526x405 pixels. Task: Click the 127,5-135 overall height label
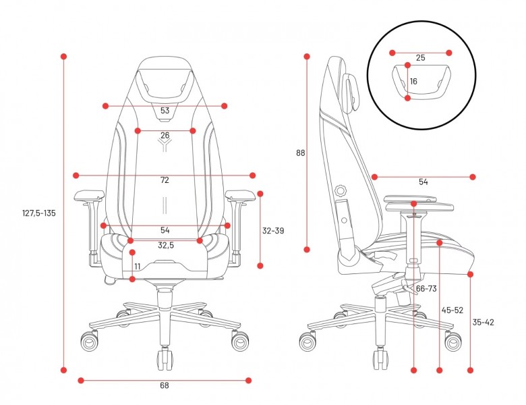click(39, 213)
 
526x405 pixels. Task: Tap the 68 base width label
click(165, 385)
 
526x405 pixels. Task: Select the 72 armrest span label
click(165, 180)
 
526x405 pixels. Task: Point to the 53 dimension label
click(165, 111)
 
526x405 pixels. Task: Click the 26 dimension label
click(165, 135)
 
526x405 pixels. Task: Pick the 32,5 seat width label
click(166, 246)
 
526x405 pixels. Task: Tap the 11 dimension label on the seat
click(138, 267)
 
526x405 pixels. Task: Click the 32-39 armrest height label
click(273, 231)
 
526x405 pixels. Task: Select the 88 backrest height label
click(301, 153)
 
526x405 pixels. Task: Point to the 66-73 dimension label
click(426, 288)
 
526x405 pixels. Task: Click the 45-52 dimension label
click(452, 310)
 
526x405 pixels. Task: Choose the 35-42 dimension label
click(483, 323)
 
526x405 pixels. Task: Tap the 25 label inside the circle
click(420, 58)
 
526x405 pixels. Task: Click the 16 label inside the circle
click(413, 82)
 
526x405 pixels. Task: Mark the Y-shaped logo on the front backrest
click(165, 145)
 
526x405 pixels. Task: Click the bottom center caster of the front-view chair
click(165, 358)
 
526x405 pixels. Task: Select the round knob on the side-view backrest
click(341, 190)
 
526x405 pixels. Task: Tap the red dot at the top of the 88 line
click(307, 57)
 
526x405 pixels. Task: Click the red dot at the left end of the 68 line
click(81, 381)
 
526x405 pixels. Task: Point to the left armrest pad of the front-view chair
click(89, 195)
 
